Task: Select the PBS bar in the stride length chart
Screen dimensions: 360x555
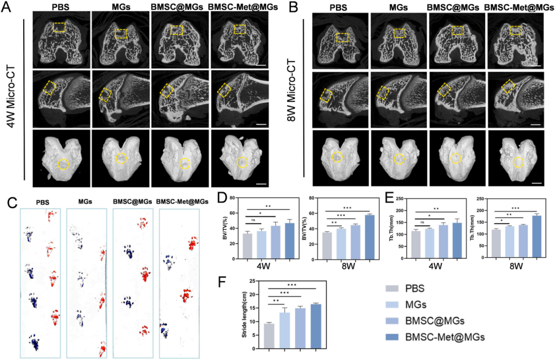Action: click(268, 336)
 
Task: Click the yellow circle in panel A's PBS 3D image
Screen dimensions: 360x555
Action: click(63, 165)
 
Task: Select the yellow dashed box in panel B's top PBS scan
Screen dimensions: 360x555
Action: click(342, 38)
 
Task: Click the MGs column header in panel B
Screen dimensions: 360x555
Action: click(399, 8)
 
